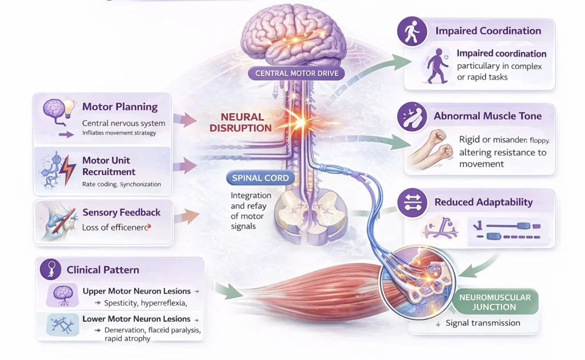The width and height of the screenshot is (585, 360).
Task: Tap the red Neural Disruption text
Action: [x=237, y=122]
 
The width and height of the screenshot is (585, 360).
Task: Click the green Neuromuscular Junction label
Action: [x=495, y=302]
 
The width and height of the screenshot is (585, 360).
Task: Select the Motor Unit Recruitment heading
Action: [x=109, y=166]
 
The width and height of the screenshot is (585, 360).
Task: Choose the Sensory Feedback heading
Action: [x=121, y=213]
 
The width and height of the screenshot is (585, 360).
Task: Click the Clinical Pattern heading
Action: [x=103, y=270]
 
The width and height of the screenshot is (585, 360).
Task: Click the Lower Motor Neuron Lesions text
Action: [x=136, y=319]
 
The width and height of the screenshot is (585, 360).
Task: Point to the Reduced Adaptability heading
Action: [x=483, y=202]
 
